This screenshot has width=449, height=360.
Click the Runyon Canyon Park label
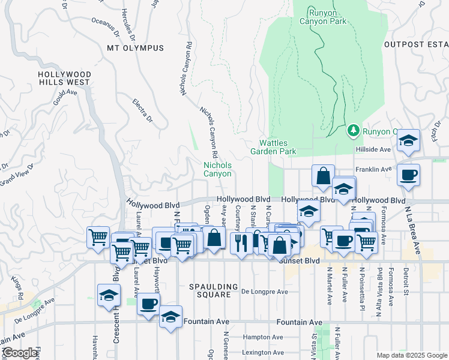327,17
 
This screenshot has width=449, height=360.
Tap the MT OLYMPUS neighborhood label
135,48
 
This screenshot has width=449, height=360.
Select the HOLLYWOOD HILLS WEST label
64,78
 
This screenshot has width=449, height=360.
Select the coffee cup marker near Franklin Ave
408,175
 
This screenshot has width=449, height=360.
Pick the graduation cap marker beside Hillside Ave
408,141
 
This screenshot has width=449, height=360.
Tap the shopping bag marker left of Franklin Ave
323,176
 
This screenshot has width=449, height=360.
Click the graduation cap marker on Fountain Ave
171,316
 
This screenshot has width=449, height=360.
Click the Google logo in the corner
20,353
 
